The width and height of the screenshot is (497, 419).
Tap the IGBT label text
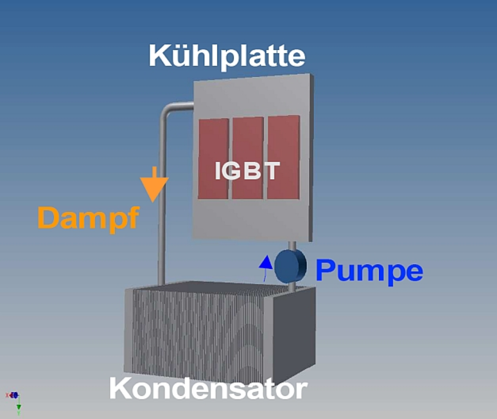[x=247, y=170]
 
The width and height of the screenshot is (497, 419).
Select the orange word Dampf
[x=89, y=218]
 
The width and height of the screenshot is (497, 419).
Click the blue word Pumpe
[x=369, y=271]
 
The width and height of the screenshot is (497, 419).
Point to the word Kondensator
[x=208, y=389]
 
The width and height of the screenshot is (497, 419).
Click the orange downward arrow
[x=154, y=186]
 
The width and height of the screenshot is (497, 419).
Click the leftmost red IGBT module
[x=213, y=159]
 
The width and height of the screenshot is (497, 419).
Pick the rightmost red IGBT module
[x=283, y=157]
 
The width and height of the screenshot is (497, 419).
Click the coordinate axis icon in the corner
[x=14, y=398]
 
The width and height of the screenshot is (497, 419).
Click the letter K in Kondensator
[x=120, y=389]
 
